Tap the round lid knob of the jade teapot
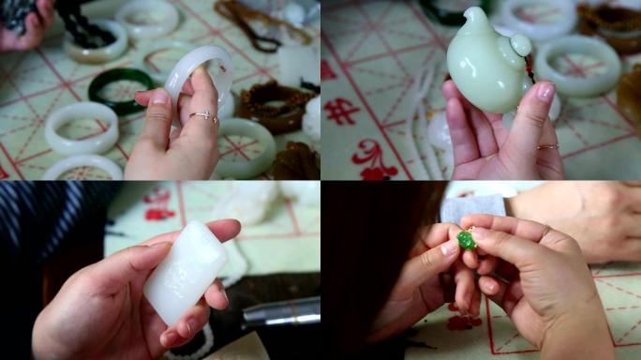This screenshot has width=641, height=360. (x=521, y=44)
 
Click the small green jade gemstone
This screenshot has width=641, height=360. (x=466, y=240)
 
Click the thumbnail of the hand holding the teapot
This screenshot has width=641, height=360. (x=544, y=92)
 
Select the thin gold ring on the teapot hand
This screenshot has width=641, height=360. (x=547, y=146)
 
